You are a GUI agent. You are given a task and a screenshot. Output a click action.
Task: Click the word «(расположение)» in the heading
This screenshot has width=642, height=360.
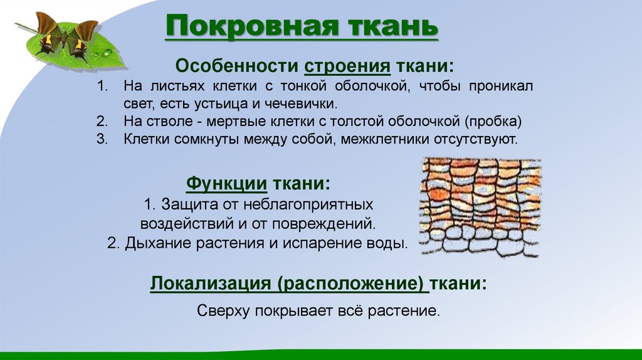coord(353,283)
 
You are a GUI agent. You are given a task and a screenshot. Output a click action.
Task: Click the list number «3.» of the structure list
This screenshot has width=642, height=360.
coord(102,139)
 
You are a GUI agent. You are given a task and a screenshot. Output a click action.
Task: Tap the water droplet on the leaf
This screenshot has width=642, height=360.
coord(107,51)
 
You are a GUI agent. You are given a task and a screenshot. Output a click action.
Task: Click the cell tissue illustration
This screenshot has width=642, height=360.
coord(480,207)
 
